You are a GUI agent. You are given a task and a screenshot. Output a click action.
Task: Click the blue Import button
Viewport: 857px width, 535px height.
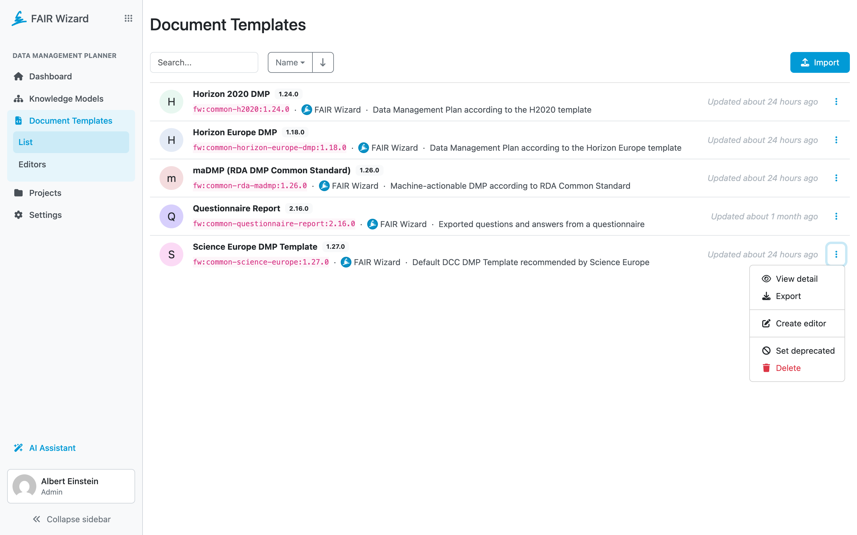pos(820,62)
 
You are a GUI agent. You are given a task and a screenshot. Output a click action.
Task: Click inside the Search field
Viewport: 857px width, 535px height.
pos(204,62)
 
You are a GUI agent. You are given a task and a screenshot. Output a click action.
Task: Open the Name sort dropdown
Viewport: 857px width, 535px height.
pos(290,62)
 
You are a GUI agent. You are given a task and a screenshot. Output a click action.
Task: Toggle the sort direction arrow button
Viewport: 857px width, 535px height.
pos(323,62)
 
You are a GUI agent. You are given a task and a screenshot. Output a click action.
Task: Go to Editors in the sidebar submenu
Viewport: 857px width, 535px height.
pos(32,165)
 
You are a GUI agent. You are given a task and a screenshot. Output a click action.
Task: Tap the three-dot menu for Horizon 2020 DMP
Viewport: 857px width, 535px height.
pos(836,102)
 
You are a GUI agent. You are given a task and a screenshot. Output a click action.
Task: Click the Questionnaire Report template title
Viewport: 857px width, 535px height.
pos(236,208)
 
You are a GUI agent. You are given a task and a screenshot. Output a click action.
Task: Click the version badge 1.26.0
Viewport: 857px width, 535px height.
pos(369,170)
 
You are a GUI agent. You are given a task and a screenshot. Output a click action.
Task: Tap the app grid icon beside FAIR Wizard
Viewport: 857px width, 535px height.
pos(129,18)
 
